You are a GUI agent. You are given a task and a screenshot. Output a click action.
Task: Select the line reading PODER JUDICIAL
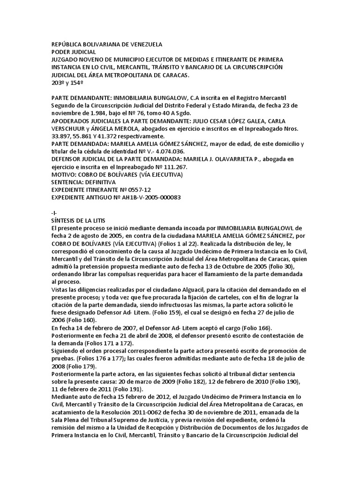tap(73, 52)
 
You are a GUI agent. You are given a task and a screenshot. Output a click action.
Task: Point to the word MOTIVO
tap(64, 174)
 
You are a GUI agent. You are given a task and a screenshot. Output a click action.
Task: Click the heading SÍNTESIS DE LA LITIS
tap(78, 220)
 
